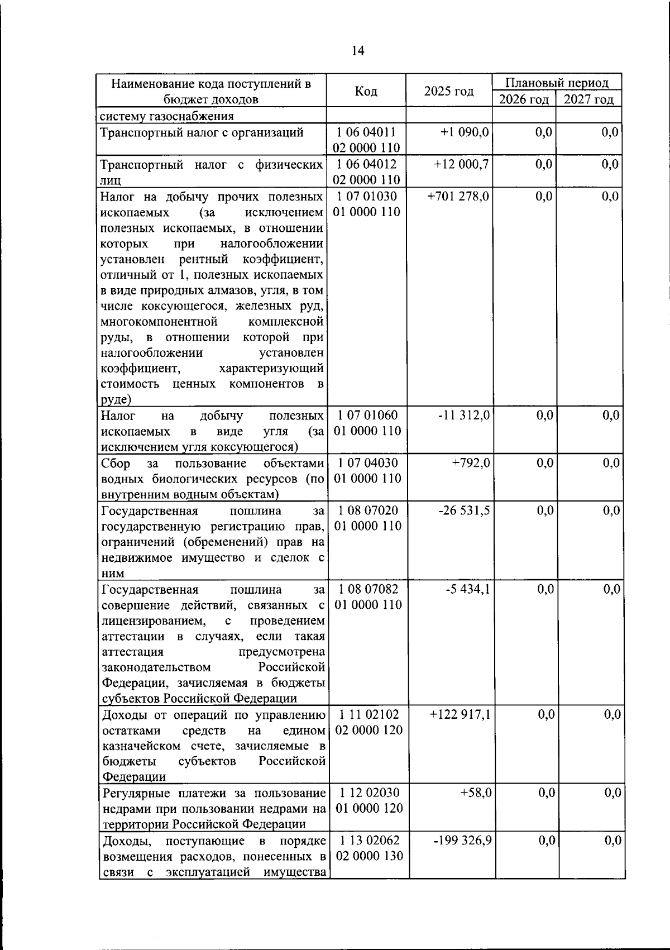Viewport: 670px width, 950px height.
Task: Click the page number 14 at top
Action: [358, 51]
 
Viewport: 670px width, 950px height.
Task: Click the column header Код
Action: [366, 91]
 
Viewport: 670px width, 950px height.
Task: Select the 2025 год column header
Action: [449, 91]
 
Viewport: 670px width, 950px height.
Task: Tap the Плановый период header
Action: [557, 83]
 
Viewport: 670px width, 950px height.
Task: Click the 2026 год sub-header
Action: [524, 99]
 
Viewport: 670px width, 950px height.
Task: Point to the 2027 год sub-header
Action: [588, 99]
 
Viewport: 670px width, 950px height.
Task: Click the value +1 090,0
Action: [465, 132]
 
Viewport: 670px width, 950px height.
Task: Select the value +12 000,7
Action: [461, 164]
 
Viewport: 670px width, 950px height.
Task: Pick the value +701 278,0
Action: [458, 197]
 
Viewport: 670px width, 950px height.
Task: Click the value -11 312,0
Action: [465, 416]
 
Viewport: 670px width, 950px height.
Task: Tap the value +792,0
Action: [471, 463]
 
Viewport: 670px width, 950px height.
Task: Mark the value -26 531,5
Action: [465, 510]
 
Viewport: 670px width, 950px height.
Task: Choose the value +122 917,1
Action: [460, 714]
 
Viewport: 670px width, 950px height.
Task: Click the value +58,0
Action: [476, 793]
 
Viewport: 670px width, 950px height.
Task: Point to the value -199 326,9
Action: [463, 841]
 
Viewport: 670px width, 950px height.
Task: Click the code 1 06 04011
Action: [367, 132]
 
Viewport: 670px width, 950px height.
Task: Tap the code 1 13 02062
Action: [368, 841]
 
